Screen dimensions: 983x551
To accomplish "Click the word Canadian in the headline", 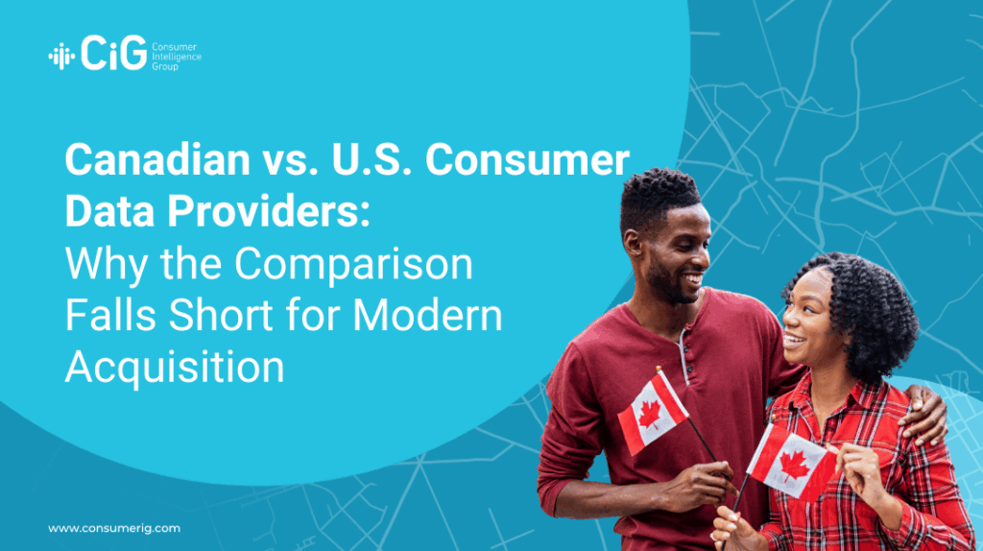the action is pyautogui.click(x=158, y=159).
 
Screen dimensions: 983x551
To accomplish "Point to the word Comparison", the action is pyautogui.click(x=353, y=265).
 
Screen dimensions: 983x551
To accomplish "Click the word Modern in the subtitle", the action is pyautogui.click(x=427, y=315).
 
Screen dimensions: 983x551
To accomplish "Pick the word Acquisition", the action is pyautogui.click(x=175, y=367).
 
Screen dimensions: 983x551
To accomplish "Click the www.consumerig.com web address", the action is pyautogui.click(x=114, y=528).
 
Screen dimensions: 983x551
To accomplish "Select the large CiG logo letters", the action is pyautogui.click(x=113, y=53).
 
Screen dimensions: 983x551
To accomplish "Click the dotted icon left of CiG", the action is pyautogui.click(x=61, y=57).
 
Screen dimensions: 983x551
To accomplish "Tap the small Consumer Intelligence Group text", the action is pyautogui.click(x=177, y=57).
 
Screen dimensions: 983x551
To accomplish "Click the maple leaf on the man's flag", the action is pyautogui.click(x=650, y=415).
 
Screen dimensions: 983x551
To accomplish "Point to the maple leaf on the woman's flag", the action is pyautogui.click(x=793, y=466).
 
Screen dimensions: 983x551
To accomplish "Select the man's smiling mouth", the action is pyautogui.click(x=692, y=277).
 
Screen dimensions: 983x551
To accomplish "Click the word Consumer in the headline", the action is pyautogui.click(x=527, y=159).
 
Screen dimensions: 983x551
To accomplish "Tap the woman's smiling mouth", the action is pyautogui.click(x=793, y=342).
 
